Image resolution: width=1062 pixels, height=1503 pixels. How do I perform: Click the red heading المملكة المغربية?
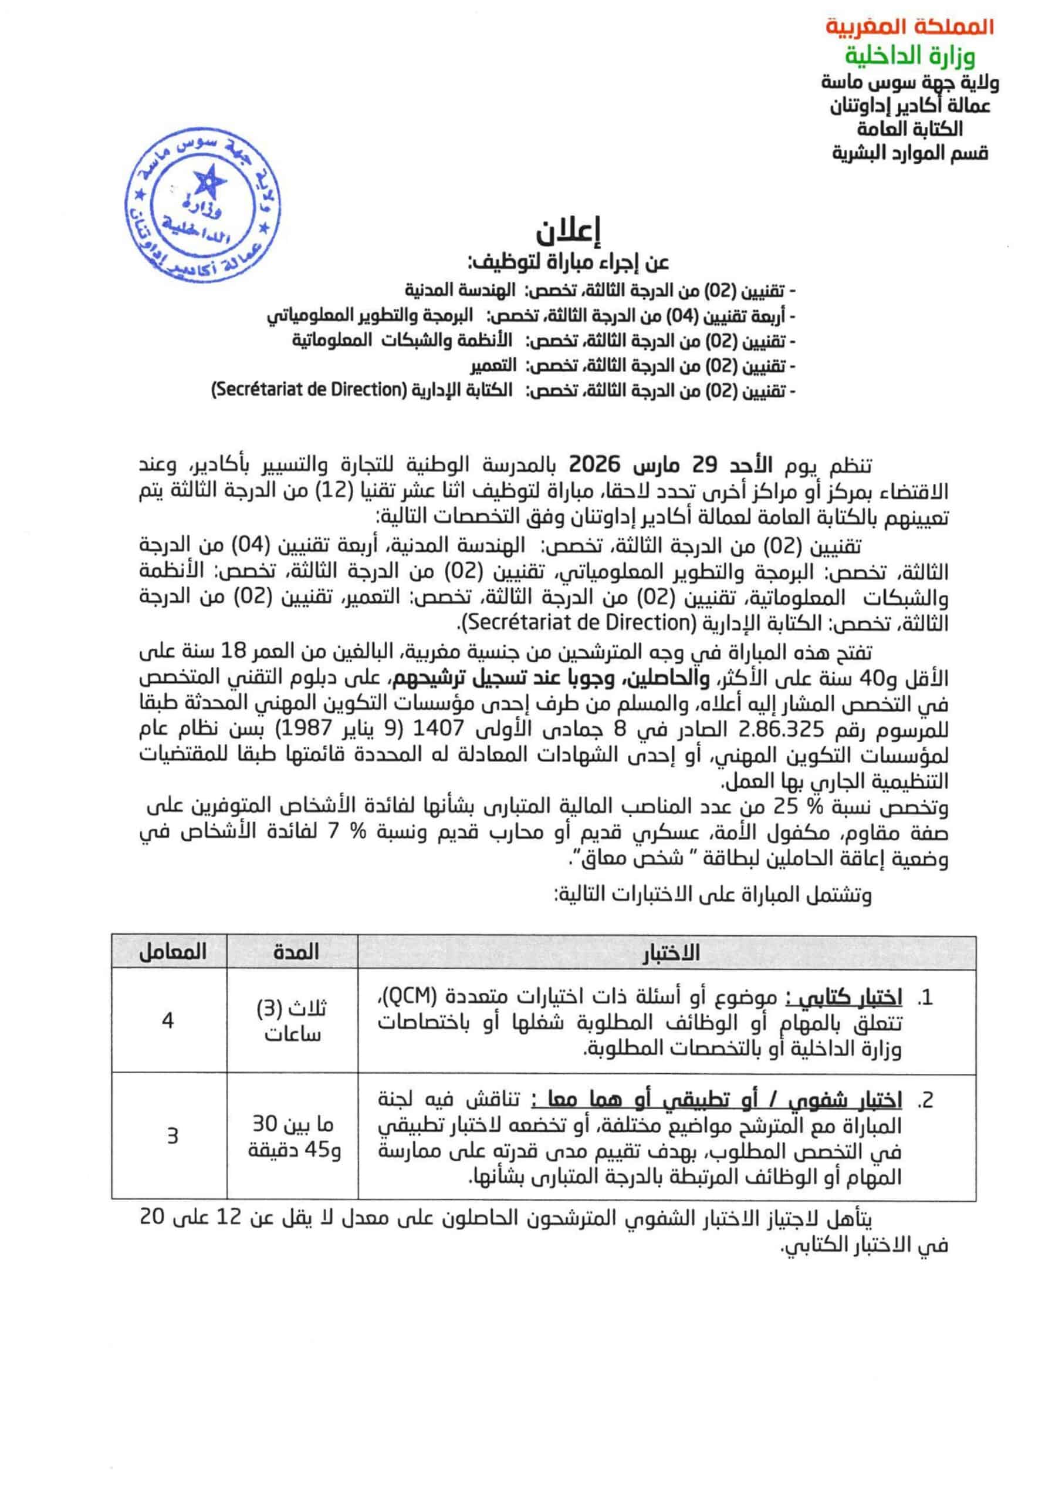click(x=909, y=27)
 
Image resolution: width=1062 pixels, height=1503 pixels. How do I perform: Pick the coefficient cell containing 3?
click(x=172, y=1135)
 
